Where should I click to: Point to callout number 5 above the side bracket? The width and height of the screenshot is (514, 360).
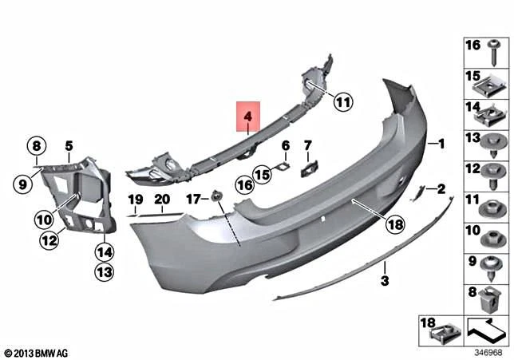pos(69,145)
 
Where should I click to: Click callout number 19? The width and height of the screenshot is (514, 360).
pos(136,199)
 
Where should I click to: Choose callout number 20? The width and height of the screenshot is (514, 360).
pos(162,199)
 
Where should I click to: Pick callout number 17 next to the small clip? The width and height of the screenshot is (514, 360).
pos(192,199)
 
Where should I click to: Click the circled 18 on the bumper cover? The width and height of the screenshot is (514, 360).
pos(394,226)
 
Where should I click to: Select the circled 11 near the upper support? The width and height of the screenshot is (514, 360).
pos(342,102)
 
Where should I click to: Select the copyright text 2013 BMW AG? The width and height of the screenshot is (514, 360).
pos(36,351)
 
